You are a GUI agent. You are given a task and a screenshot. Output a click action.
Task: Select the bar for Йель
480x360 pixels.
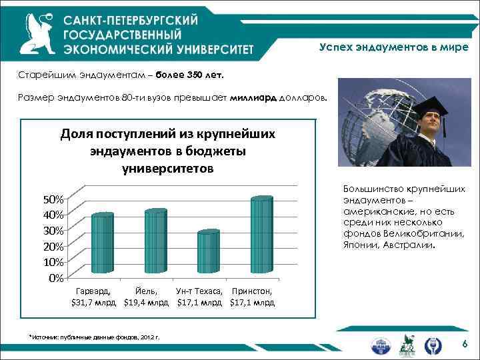pyautogui.click(x=155, y=241)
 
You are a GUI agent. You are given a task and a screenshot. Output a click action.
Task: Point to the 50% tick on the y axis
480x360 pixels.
pyautogui.click(x=53, y=199)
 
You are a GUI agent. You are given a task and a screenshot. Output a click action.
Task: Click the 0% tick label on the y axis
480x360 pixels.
pyautogui.click(x=56, y=277)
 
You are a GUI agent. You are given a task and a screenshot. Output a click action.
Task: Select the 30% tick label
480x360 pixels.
pyautogui.click(x=53, y=230)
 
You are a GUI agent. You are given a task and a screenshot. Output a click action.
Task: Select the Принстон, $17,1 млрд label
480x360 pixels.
pyautogui.click(x=253, y=297)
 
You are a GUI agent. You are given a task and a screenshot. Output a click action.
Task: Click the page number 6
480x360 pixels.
pyautogui.click(x=465, y=343)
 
